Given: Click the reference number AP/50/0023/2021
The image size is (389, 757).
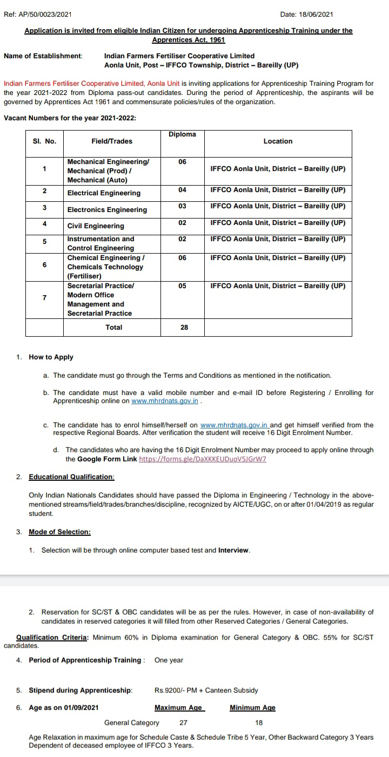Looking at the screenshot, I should (x=45, y=14).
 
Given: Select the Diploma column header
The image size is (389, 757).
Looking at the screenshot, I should (x=182, y=134).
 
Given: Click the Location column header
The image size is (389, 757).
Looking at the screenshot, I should (x=278, y=141).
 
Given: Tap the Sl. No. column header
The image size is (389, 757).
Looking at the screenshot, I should (x=44, y=141).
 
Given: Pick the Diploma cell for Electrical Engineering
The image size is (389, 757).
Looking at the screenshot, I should (x=182, y=190).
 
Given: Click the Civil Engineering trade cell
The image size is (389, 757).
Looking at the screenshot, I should (x=96, y=226).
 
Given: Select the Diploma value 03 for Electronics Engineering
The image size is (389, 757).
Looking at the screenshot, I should (x=182, y=206).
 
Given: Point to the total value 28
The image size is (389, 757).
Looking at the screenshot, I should (x=184, y=328).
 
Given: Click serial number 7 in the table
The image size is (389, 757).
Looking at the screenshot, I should (x=44, y=298).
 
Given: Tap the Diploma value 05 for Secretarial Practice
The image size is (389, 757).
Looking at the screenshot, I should (x=182, y=286).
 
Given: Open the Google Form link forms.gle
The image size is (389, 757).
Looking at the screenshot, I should (x=203, y=459).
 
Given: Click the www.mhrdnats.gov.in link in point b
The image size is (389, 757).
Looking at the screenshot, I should (x=165, y=401).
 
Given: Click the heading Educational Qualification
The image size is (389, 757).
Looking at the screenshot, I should (x=71, y=477).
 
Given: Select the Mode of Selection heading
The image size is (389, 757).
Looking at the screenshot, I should (x=59, y=532).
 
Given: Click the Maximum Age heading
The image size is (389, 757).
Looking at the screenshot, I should (x=178, y=708).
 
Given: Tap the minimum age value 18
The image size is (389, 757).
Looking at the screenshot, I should (x=259, y=722).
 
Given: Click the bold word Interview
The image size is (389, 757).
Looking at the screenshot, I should (x=233, y=550).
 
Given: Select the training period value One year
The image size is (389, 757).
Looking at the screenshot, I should (x=169, y=660).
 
